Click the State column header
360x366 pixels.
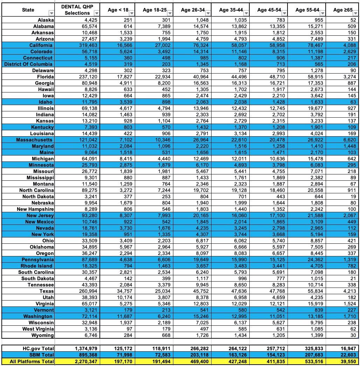pos(28,10)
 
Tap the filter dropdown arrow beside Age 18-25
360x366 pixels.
pos(170,13)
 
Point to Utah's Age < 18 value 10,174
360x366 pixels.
pos(123,297)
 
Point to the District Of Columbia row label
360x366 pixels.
pos(28,64)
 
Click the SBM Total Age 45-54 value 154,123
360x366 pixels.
pos(275,355)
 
